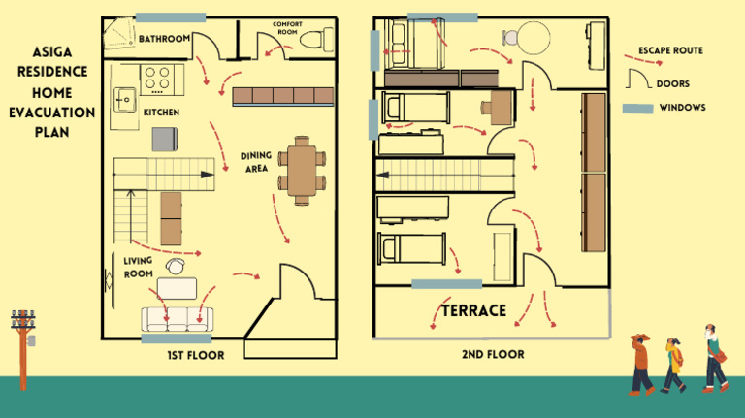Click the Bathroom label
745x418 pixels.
tap(164, 39)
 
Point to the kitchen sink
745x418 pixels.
tap(125, 97)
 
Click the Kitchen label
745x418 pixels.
tap(161, 113)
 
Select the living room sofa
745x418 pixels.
tap(178, 319)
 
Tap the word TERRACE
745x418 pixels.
tap(474, 311)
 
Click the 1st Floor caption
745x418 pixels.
tap(195, 355)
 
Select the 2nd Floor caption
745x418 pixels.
tap(493, 355)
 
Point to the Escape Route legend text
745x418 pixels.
tap(670, 50)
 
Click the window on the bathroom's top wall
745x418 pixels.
tap(171, 17)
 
